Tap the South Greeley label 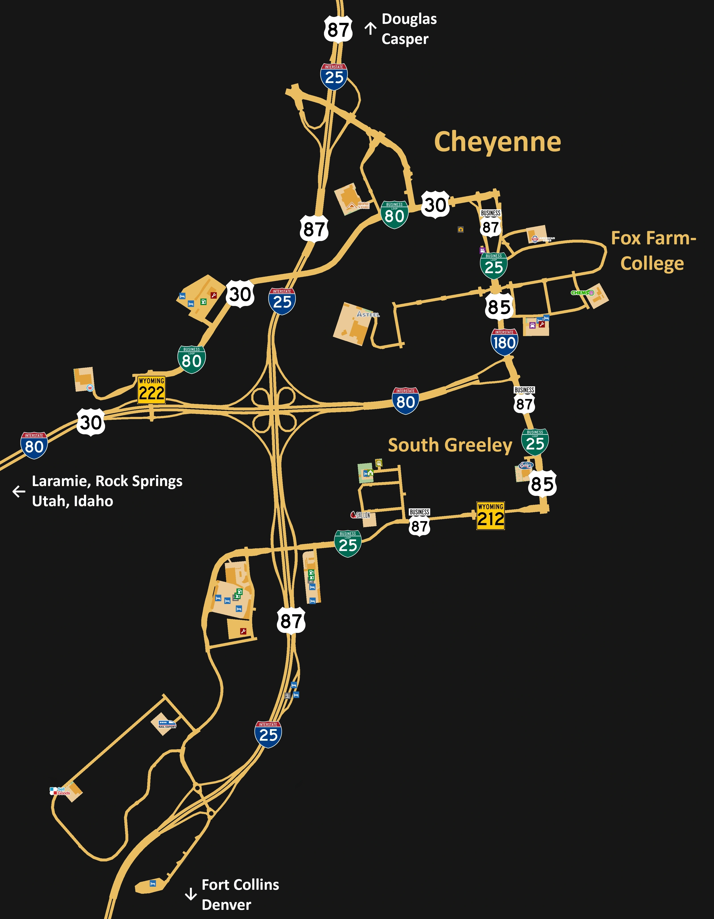click(450, 445)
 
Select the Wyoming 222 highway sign click(152, 390)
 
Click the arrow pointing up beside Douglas click(370, 29)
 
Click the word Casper click(405, 39)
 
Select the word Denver click(226, 905)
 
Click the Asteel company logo click(368, 314)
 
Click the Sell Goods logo click(60, 791)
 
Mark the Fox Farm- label click(653, 238)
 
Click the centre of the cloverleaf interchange click(274, 408)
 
